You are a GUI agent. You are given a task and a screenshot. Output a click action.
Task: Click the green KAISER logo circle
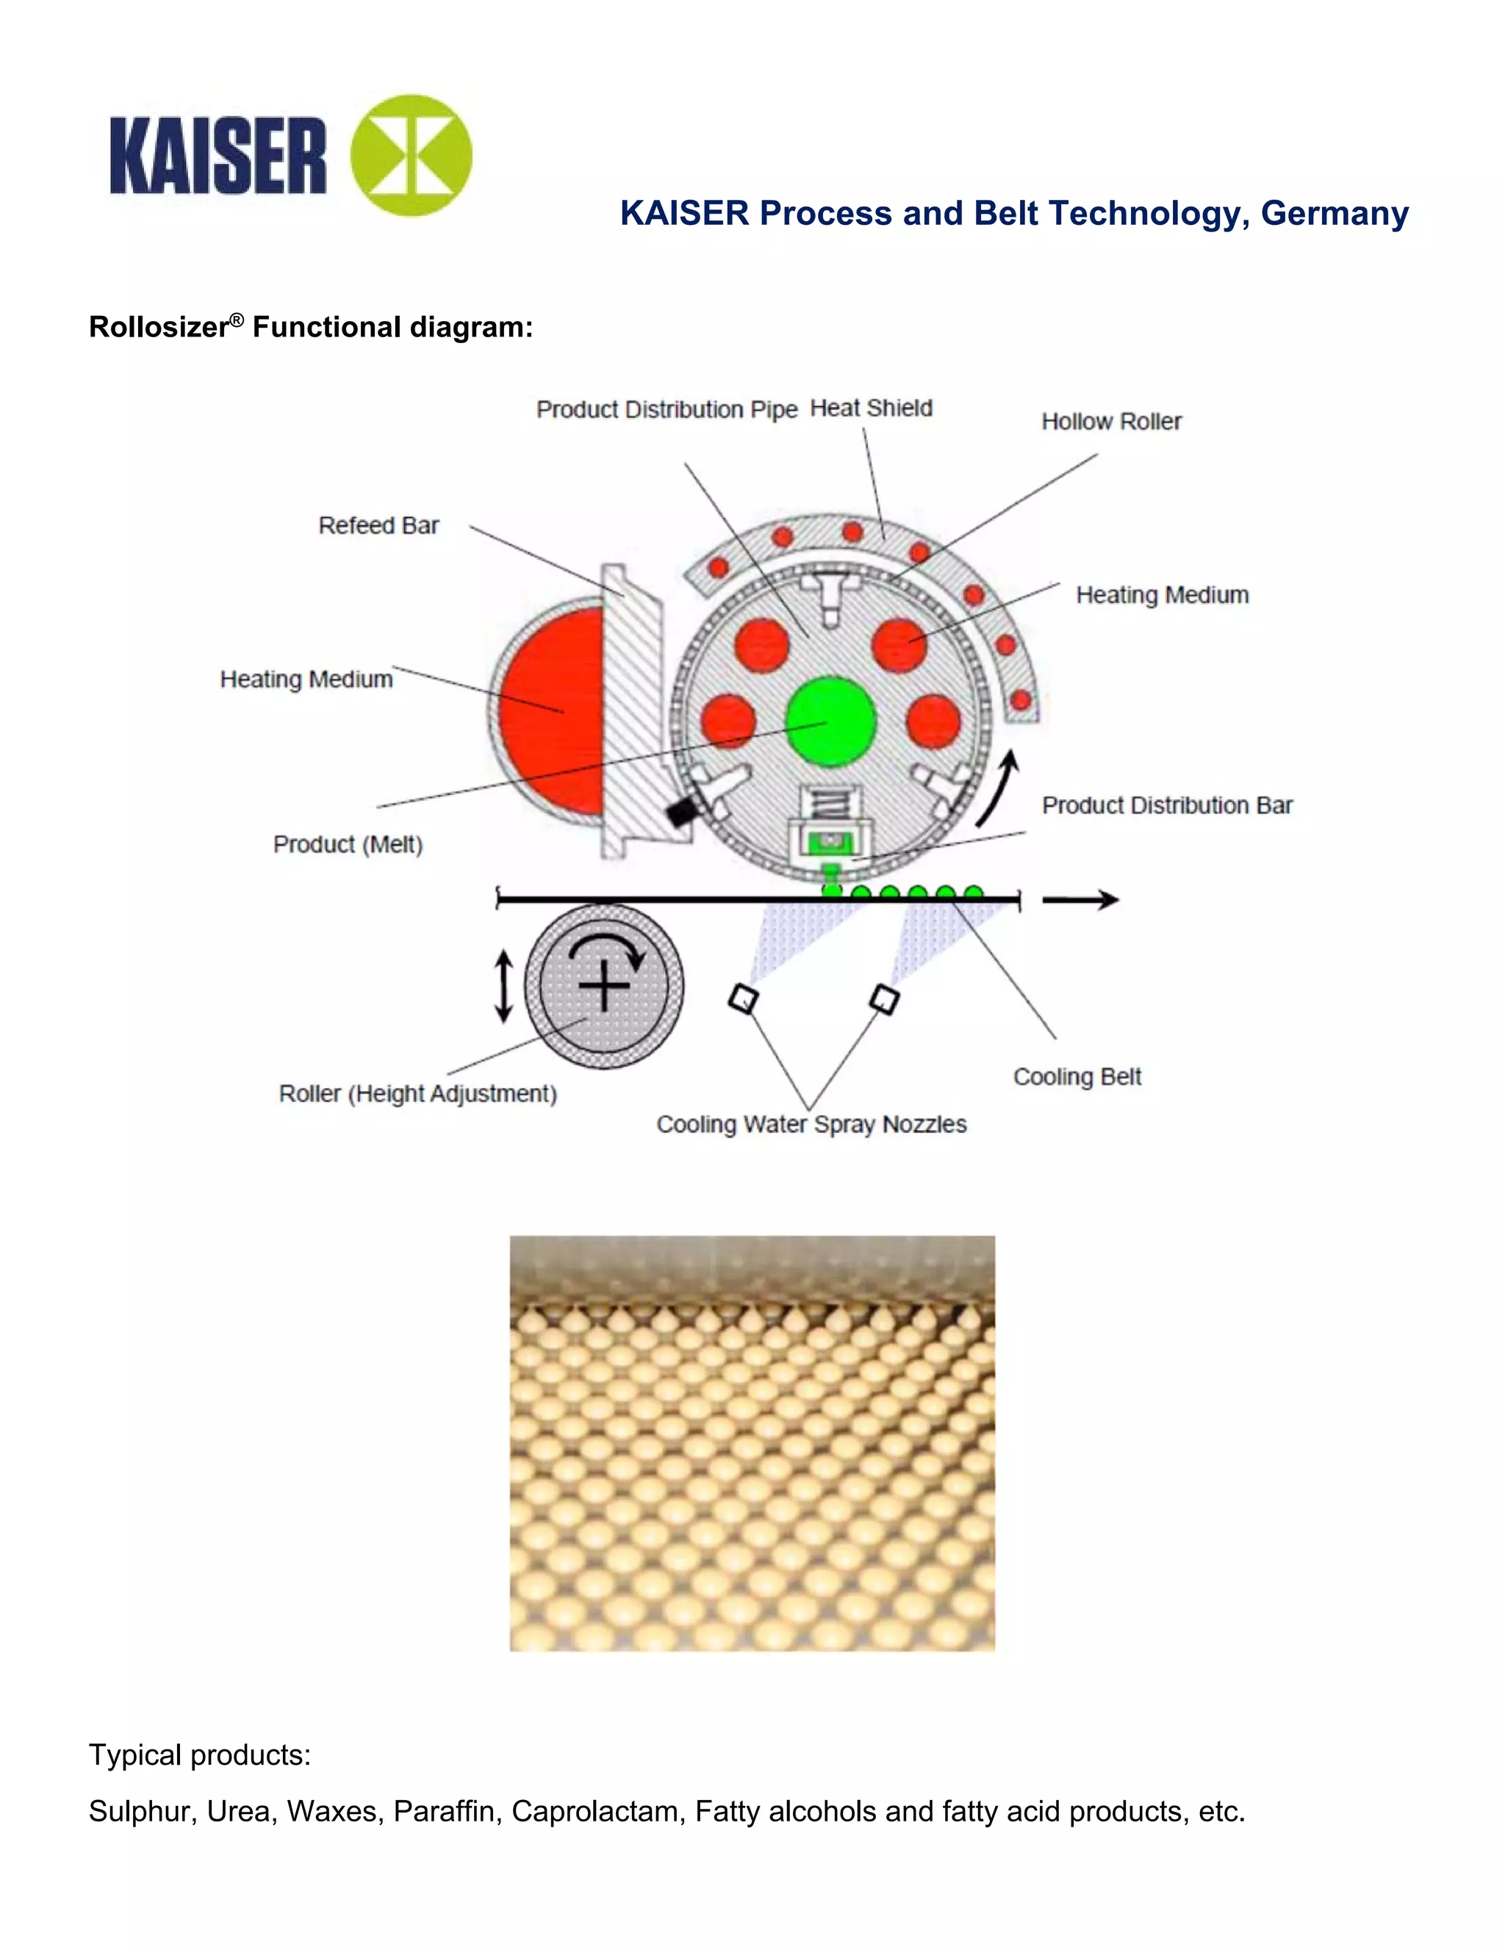[411, 155]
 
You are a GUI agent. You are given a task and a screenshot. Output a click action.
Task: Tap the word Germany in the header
[1334, 214]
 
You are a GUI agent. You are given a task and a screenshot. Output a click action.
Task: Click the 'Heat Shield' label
[870, 409]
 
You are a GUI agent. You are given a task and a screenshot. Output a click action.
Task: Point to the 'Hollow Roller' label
[1111, 422]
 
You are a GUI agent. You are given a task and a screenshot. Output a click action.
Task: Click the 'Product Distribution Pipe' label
[666, 410]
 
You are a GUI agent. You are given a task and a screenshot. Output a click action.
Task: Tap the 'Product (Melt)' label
[348, 844]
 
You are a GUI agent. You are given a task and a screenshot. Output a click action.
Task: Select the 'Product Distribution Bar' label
[1166, 806]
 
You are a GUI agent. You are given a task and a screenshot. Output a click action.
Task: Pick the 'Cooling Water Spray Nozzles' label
[811, 1124]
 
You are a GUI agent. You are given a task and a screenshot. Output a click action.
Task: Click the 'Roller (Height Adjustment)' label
[417, 1094]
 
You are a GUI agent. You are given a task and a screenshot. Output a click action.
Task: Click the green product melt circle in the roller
[830, 721]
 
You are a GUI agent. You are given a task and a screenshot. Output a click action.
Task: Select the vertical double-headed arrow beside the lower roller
[503, 986]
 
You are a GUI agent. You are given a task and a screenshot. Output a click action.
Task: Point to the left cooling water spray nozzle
[743, 998]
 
